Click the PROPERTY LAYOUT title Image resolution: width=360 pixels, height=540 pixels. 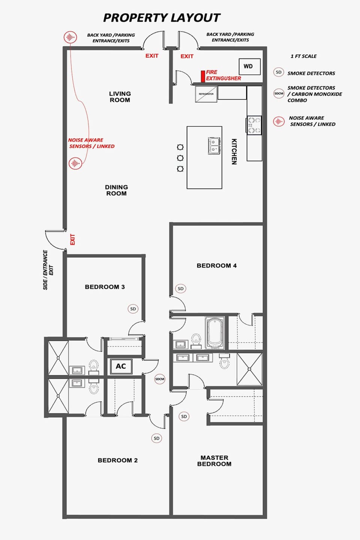(162, 18)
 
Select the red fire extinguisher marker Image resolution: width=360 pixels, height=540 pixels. (203, 76)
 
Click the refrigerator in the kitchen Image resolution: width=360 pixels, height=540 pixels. (206, 94)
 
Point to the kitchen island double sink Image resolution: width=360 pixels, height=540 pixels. (214, 145)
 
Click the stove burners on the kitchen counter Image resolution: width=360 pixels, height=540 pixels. (254, 125)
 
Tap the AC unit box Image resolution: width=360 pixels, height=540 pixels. (121, 366)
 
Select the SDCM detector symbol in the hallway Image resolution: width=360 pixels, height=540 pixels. (160, 379)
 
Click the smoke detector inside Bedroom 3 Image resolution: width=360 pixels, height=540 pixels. (133, 309)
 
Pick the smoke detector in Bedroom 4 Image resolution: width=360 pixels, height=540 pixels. (181, 288)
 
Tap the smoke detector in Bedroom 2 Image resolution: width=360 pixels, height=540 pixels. (156, 438)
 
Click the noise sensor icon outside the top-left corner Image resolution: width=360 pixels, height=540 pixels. (70, 37)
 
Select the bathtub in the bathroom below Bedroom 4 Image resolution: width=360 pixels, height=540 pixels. (215, 332)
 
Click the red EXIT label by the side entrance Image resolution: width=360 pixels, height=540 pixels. (72, 239)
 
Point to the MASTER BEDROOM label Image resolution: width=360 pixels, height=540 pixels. (214, 460)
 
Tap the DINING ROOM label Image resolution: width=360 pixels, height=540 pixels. (116, 190)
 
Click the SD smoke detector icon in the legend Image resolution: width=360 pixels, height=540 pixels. (278, 72)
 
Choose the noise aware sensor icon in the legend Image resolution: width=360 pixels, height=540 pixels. (279, 121)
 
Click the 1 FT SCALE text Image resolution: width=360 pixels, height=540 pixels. (303, 56)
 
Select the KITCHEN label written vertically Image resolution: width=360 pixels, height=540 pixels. (234, 151)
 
